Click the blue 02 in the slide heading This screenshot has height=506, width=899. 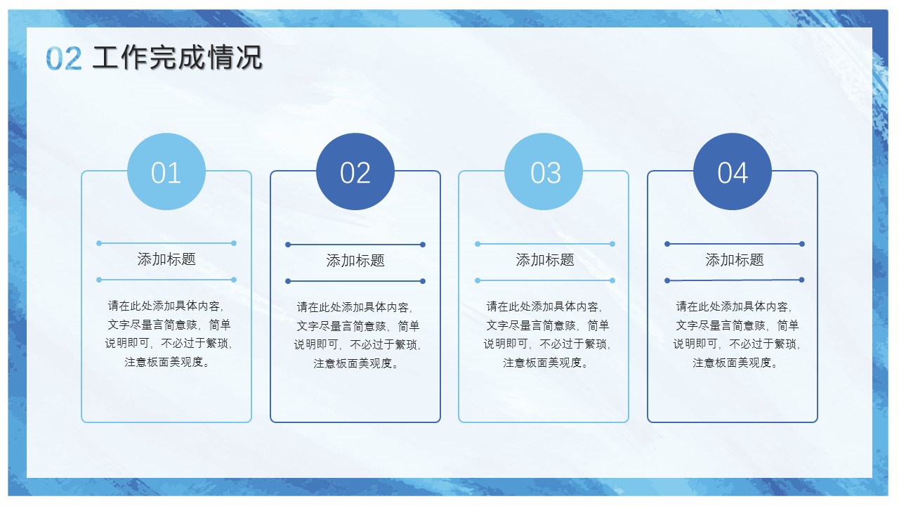tap(64, 58)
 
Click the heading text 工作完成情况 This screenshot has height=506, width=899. tap(177, 58)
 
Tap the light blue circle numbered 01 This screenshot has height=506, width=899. tap(166, 171)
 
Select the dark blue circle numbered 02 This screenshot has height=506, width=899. tap(355, 171)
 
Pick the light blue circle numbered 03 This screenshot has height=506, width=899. tap(544, 171)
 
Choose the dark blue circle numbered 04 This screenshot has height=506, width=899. tap(733, 171)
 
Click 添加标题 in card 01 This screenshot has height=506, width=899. tap(166, 259)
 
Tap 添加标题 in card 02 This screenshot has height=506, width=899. tap(355, 261)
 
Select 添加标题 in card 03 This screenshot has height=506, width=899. tap(544, 260)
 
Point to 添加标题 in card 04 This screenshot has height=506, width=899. tap(735, 260)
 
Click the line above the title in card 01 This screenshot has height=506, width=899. tap(166, 243)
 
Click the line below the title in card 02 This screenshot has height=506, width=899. tap(355, 281)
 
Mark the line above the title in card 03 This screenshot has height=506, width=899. tap(545, 244)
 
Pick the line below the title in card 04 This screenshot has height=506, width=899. tap(735, 280)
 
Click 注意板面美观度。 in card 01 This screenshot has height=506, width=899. tap(167, 362)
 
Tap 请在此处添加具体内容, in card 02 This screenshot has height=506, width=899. tap(355, 307)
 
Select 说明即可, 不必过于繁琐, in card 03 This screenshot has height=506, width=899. tap(547, 344)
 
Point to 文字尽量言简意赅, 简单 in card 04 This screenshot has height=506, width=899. tap(737, 325)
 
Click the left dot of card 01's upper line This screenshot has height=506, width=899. tap(99, 243)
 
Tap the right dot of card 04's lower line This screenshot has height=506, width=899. tap(801, 280)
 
